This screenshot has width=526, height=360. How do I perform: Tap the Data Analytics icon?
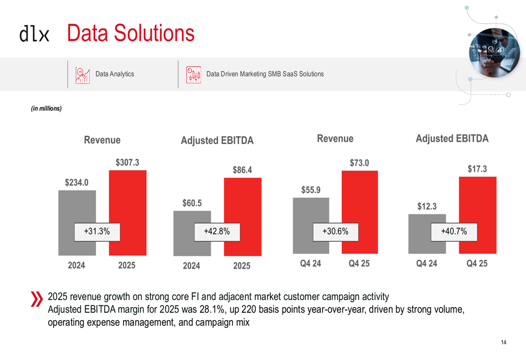pos(82,75)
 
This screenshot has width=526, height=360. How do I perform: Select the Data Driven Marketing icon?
pos(194,75)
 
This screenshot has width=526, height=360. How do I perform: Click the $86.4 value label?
pos(242,170)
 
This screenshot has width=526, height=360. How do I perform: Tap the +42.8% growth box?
pos(216,231)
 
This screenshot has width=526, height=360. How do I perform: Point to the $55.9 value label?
pos(311,190)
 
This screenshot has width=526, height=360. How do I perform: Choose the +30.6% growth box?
pos(336,231)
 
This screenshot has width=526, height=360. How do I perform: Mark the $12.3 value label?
pos(427,207)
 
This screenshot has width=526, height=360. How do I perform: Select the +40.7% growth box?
pos(453,231)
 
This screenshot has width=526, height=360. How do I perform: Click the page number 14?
pos(503,343)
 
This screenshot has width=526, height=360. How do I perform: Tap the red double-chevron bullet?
pos(36,299)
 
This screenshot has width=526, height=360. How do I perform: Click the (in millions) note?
pos(46,109)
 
